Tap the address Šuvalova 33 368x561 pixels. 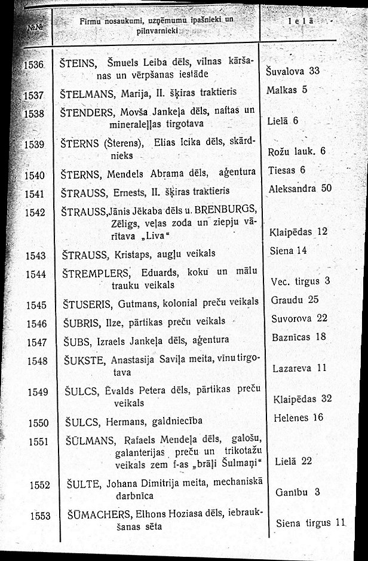click(292, 71)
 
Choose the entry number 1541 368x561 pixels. click(36, 194)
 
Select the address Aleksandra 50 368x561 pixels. click(300, 188)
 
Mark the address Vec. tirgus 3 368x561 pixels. click(300, 281)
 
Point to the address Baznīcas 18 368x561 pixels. click(299, 337)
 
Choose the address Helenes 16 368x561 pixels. click(298, 417)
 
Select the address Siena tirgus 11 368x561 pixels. click(311, 523)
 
